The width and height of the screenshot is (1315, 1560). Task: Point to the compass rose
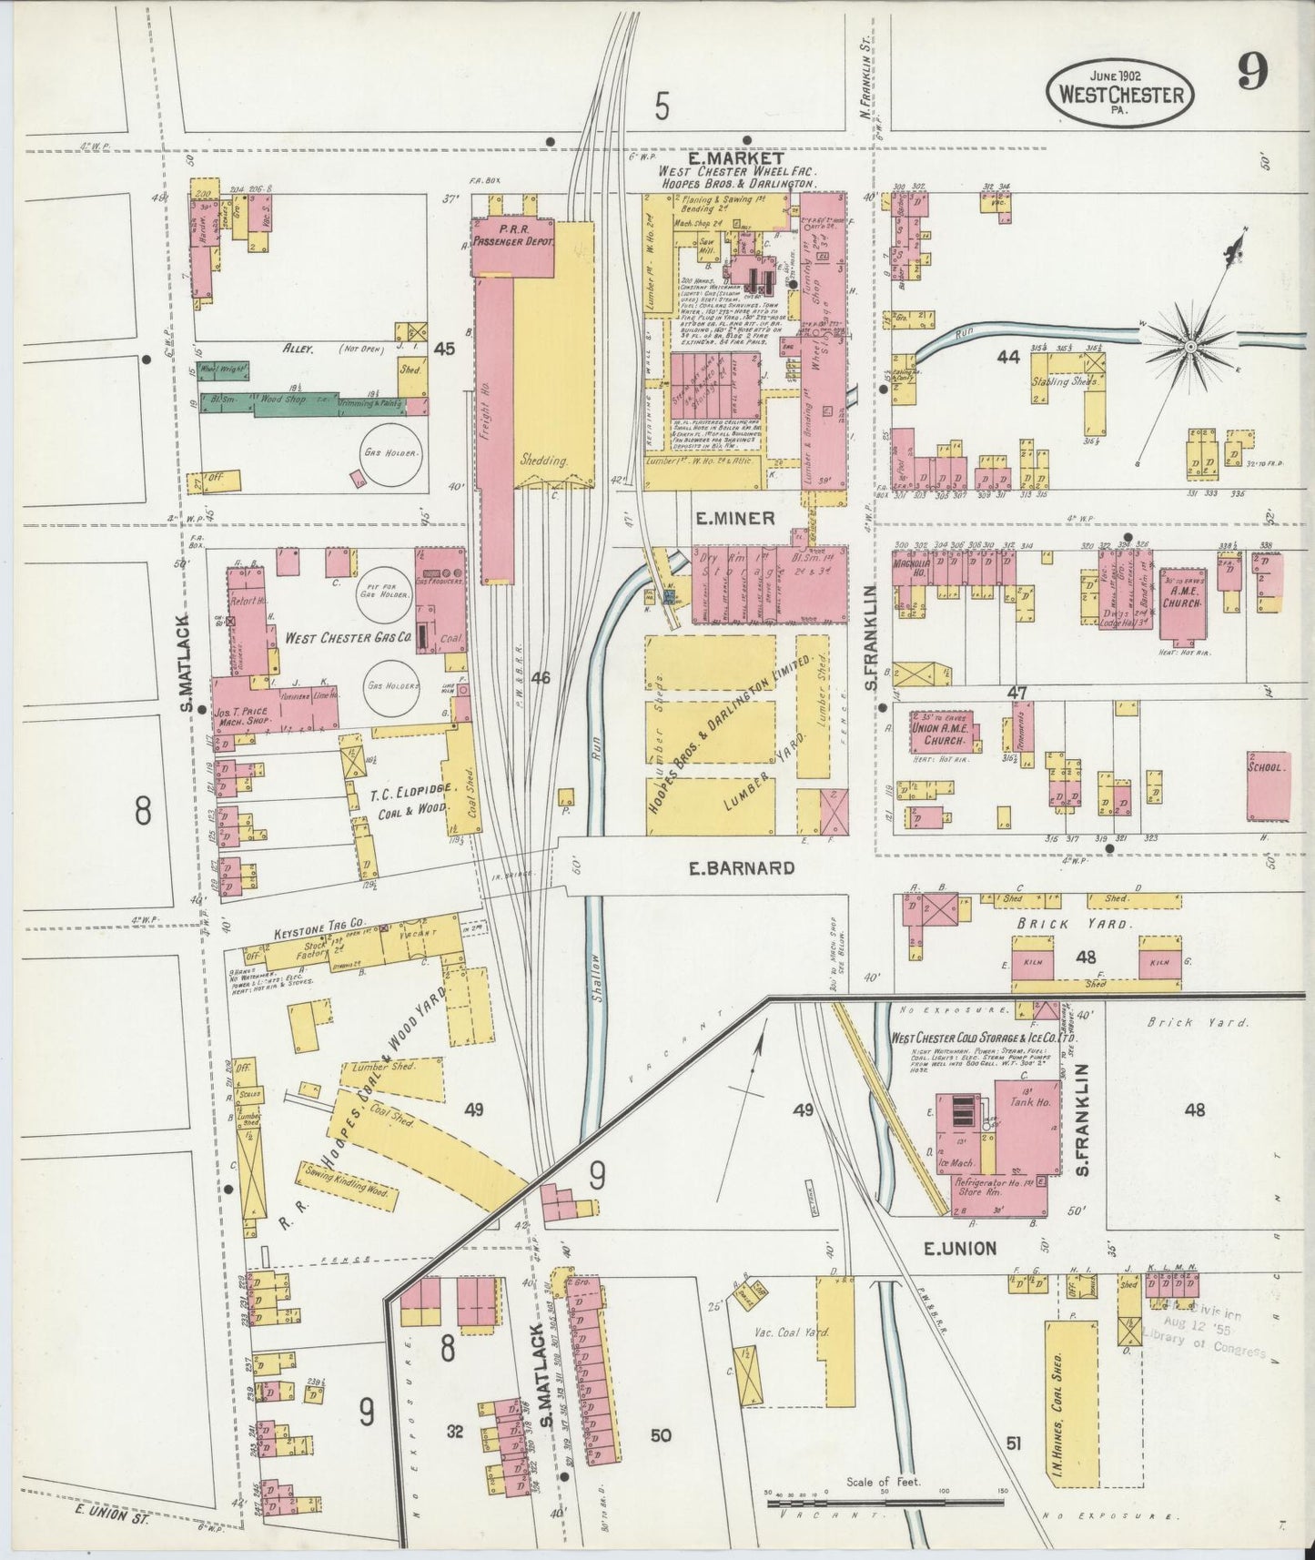(x=1189, y=347)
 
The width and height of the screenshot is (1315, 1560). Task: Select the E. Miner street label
(x=734, y=518)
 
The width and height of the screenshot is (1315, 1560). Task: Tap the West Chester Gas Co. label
(x=347, y=638)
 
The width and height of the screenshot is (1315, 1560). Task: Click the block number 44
(x=1006, y=358)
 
